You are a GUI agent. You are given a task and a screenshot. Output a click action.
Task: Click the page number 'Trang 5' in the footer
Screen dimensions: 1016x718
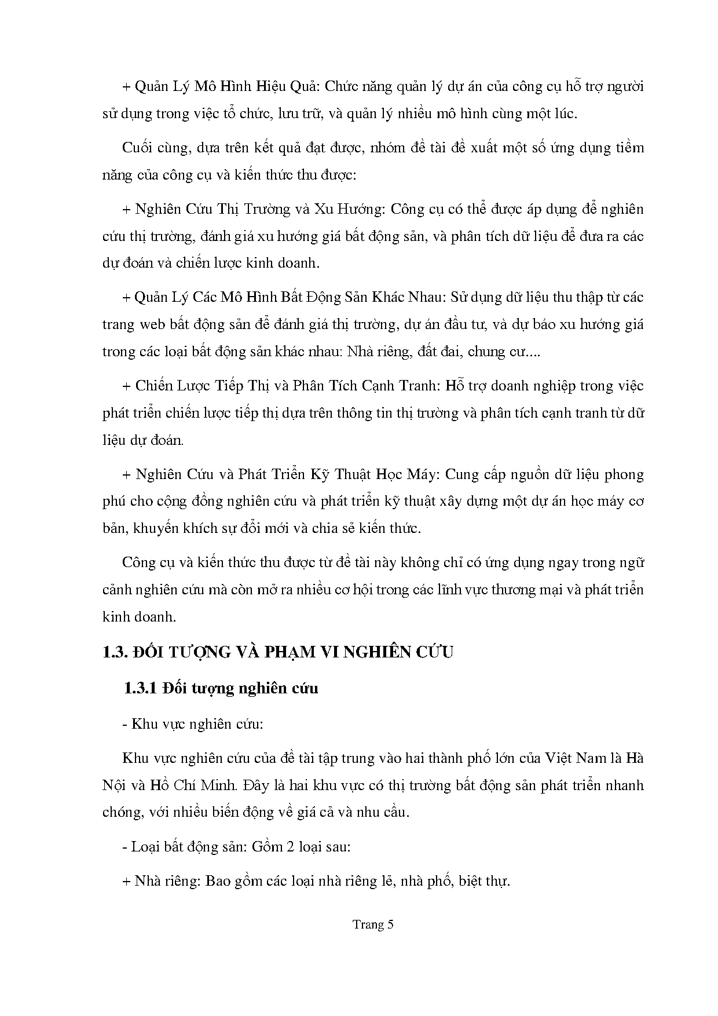(x=373, y=924)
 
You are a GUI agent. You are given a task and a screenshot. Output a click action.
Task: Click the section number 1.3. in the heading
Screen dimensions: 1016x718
(x=114, y=652)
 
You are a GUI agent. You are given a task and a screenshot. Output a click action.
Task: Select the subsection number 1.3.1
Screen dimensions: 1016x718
(x=141, y=688)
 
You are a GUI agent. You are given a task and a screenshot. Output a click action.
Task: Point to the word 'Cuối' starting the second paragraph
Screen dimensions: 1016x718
(x=137, y=148)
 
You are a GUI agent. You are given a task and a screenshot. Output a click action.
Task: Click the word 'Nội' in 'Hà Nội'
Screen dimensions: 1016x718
(x=114, y=785)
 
